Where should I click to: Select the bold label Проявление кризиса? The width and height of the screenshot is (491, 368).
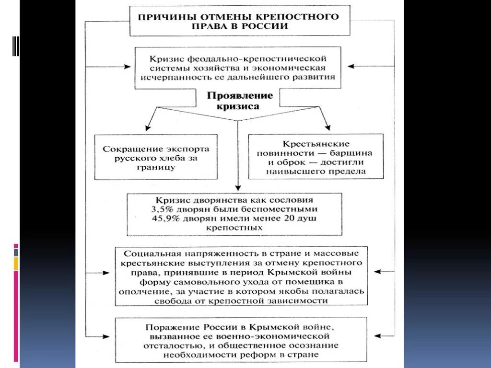pyautogui.click(x=240, y=101)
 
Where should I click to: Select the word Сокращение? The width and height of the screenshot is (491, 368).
pyautogui.click(x=126, y=149)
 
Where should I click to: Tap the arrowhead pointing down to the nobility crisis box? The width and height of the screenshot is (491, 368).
pyautogui.click(x=238, y=188)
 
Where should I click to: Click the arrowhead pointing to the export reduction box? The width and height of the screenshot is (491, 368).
pyautogui.click(x=148, y=128)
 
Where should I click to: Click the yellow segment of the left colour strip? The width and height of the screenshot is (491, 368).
pyautogui.click(x=16, y=263)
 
